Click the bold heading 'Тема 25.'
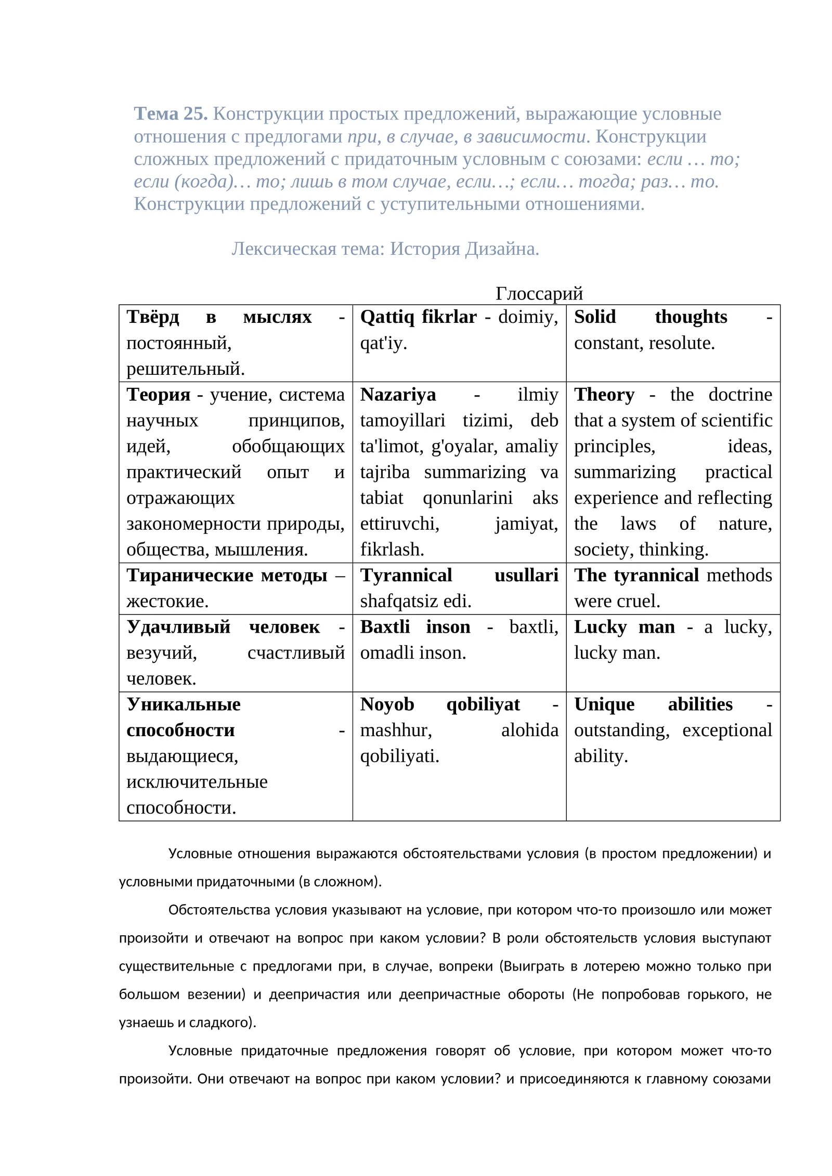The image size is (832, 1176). point(171,114)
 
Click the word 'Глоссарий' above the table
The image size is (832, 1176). point(539,293)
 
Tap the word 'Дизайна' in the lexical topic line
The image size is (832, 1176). point(501,249)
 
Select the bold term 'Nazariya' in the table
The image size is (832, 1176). point(398,395)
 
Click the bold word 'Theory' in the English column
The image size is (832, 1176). point(604,395)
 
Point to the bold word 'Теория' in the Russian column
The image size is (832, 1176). point(158,395)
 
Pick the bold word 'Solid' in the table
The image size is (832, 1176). point(595,317)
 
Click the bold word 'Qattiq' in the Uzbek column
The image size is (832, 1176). point(387,317)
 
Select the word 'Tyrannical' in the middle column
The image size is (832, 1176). point(406,575)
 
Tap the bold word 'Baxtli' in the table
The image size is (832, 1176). point(385,626)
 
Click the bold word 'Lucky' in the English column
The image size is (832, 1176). point(600,626)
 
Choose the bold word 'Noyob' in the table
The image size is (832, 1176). point(387,704)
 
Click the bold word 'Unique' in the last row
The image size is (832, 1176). point(604,704)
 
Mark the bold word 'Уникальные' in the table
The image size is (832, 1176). point(184,704)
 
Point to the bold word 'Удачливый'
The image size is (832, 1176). point(178,626)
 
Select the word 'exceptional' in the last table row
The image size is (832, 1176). point(726,730)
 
